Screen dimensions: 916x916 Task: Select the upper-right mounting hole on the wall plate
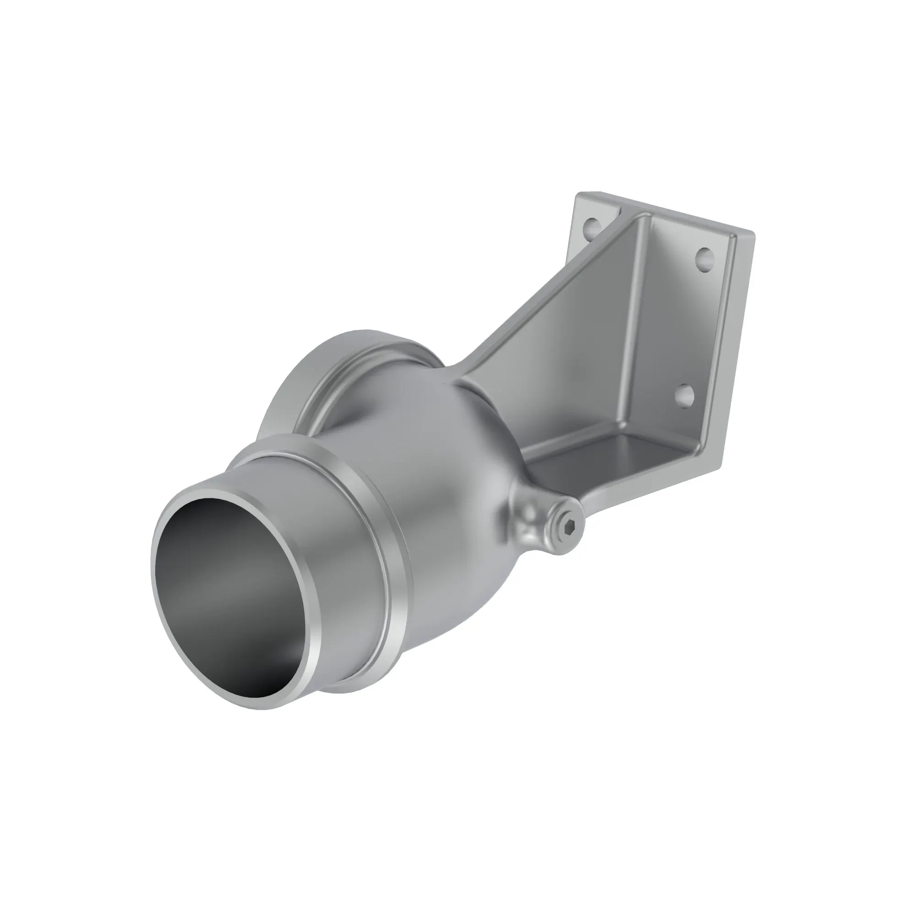(x=704, y=259)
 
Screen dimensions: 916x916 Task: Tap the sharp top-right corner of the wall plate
(x=753, y=232)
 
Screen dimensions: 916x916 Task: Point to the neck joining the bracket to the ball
(x=467, y=375)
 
